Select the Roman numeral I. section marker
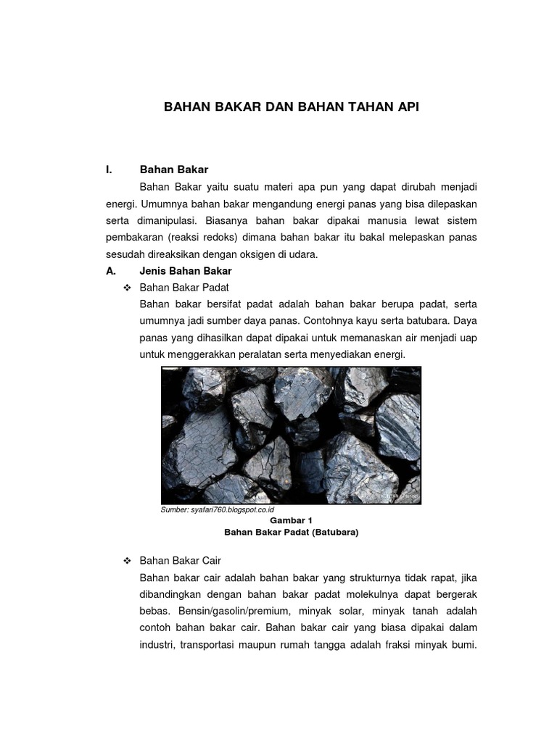point(109,170)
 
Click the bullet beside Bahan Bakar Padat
point(127,288)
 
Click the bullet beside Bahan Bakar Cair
point(127,561)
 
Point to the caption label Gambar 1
point(291,520)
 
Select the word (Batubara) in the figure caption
point(334,532)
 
